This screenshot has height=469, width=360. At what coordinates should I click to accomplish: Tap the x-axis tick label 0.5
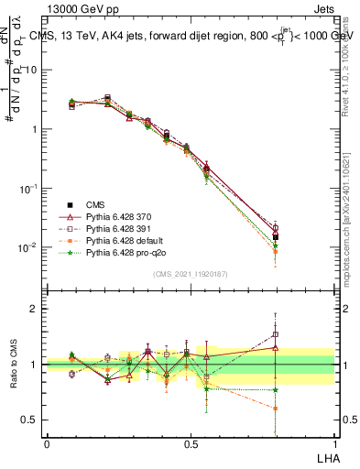click(191, 444)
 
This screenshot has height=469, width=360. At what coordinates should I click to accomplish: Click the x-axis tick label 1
click(333, 444)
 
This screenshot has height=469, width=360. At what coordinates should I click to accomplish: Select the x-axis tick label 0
click(47, 444)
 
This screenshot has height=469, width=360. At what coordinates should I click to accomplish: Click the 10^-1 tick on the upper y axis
click(31, 188)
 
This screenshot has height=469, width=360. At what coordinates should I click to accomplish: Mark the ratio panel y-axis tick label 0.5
click(33, 420)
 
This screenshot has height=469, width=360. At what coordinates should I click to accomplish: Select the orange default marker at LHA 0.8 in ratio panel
click(276, 409)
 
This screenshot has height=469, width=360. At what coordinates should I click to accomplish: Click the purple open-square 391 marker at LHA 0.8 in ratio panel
click(276, 334)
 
